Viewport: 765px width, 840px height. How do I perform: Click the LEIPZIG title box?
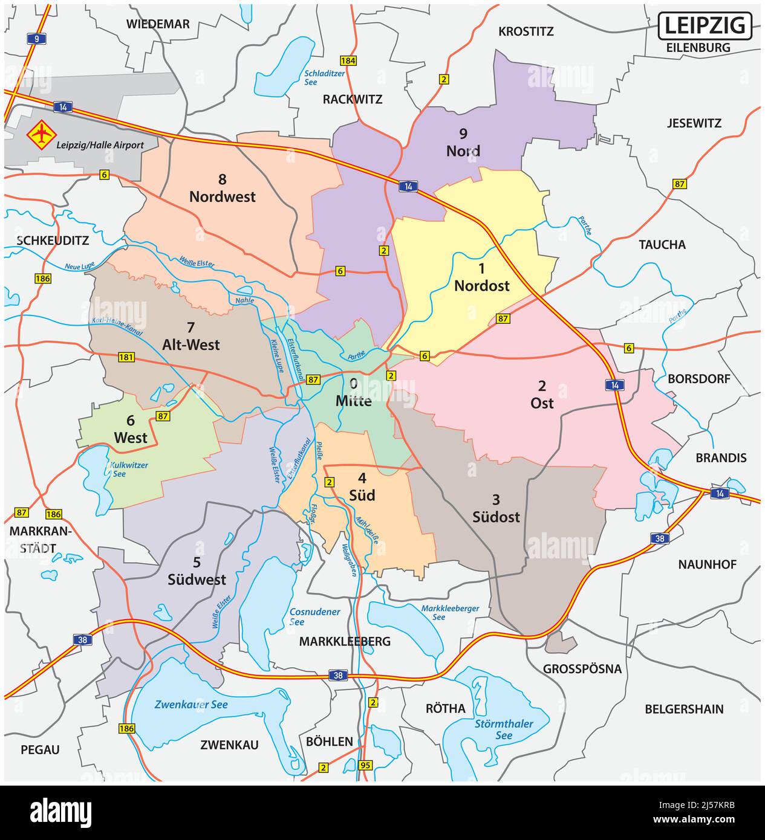point(705,25)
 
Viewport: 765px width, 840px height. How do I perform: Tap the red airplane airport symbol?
point(41,134)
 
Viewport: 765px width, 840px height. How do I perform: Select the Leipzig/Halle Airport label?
point(100,145)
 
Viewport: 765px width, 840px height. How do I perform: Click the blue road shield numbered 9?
point(37,39)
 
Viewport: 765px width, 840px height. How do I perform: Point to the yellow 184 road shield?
point(348,60)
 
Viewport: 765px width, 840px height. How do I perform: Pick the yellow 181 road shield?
point(126,357)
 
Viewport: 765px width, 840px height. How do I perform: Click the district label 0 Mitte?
point(353,392)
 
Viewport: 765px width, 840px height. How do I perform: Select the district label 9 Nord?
point(463,143)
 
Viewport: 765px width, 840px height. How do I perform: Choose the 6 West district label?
point(131,430)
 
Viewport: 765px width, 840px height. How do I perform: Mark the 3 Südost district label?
point(496,508)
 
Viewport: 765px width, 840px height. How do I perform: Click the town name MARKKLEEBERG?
point(345,641)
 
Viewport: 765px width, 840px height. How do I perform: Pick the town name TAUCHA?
point(662,245)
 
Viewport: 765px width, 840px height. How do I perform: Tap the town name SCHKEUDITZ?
point(53,241)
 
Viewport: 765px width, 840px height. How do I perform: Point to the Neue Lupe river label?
point(81,266)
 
